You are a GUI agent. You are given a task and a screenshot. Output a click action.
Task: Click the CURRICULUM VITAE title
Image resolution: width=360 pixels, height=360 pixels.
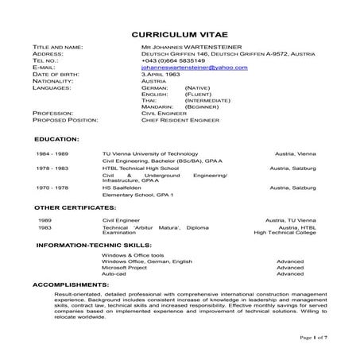click(x=180, y=36)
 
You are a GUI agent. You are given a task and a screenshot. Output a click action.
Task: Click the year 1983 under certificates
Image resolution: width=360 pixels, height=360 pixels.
click(x=45, y=227)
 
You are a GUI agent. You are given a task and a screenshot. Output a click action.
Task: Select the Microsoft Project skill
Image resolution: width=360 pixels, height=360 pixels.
click(x=125, y=268)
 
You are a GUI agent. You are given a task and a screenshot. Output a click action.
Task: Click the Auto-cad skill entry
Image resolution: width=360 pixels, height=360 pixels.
click(x=114, y=274)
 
